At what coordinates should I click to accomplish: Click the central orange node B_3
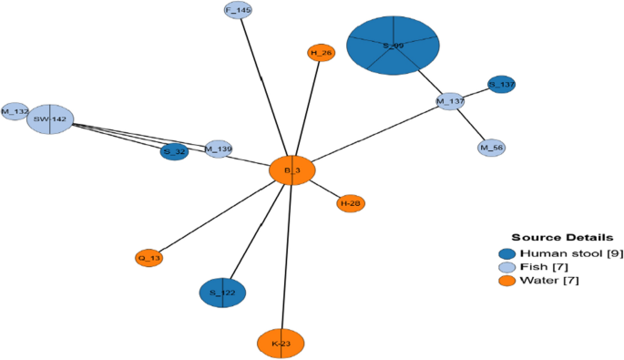coord(292,170)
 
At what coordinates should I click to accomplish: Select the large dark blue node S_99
coord(394,46)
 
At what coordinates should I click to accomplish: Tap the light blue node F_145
coord(238,11)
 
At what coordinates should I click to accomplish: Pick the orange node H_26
coord(322,53)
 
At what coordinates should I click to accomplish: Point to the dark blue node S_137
coord(502,85)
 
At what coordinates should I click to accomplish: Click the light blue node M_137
coord(450,101)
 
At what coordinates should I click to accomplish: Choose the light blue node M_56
coord(492,147)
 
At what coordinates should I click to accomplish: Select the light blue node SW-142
coord(49,118)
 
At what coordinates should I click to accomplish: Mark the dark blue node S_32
coord(174,151)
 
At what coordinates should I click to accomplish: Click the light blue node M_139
coord(218,149)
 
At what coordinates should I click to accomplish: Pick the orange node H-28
coord(351,203)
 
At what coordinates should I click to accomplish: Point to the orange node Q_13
coord(148,259)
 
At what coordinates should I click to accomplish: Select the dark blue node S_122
coord(222,293)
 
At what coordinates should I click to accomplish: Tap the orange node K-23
coord(281,343)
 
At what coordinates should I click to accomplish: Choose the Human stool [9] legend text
coord(564,253)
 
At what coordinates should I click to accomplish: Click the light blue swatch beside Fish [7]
coord(507,267)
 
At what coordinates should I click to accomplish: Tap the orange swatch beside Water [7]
coord(507,281)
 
